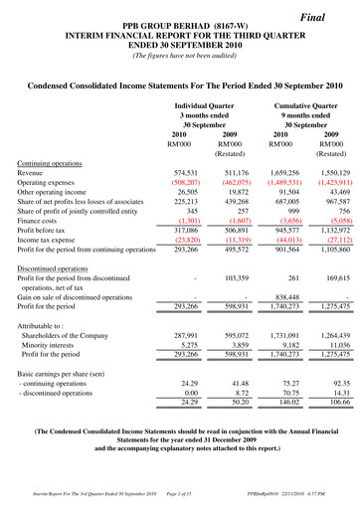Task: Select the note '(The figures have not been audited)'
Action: click(180, 55)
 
